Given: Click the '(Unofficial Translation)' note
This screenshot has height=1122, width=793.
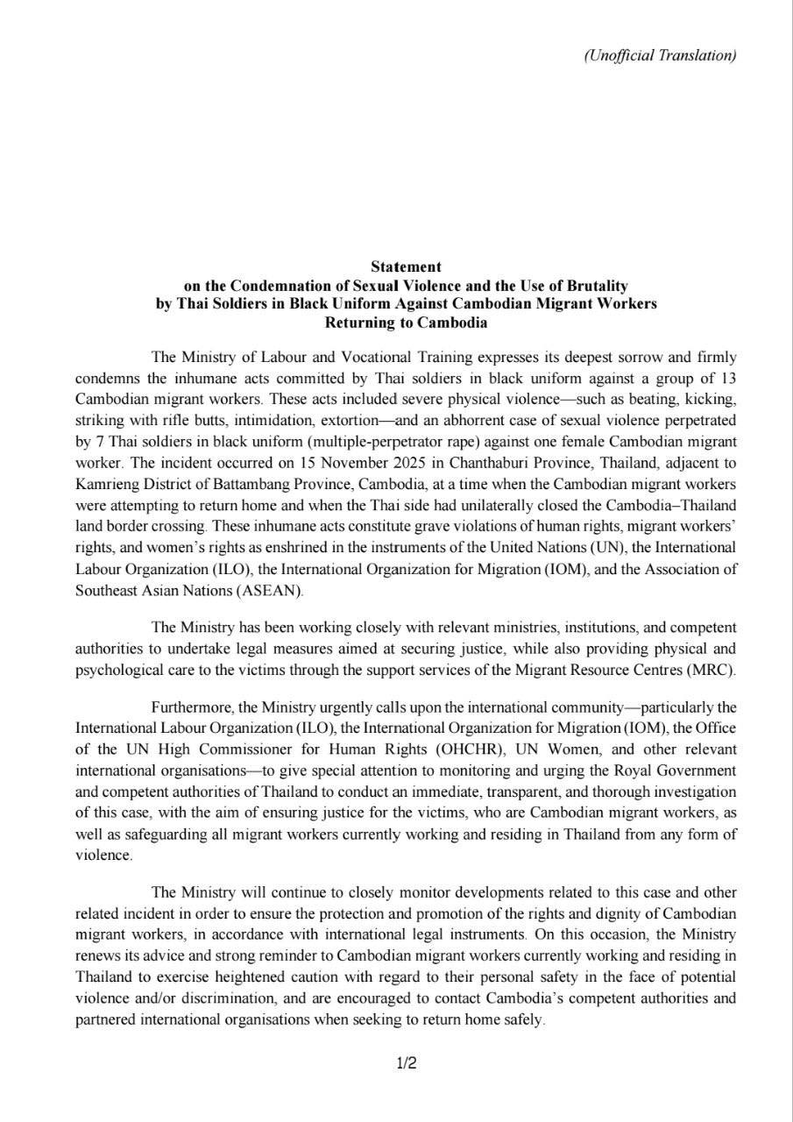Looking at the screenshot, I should (659, 55).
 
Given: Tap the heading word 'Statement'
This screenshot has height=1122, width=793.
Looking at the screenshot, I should (406, 266).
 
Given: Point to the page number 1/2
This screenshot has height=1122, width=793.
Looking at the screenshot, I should (406, 1064).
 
